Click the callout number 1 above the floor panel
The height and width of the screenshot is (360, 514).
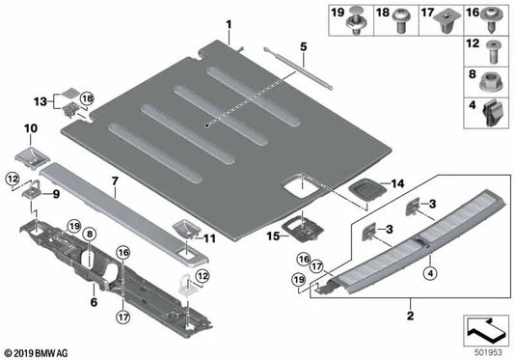click(x=229, y=23)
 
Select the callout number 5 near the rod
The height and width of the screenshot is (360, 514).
click(x=302, y=45)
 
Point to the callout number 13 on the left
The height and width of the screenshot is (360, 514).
click(x=39, y=101)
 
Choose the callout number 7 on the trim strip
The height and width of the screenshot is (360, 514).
click(x=115, y=180)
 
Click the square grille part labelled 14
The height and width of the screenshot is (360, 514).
click(x=364, y=190)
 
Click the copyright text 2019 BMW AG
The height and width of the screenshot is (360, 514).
click(x=37, y=351)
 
